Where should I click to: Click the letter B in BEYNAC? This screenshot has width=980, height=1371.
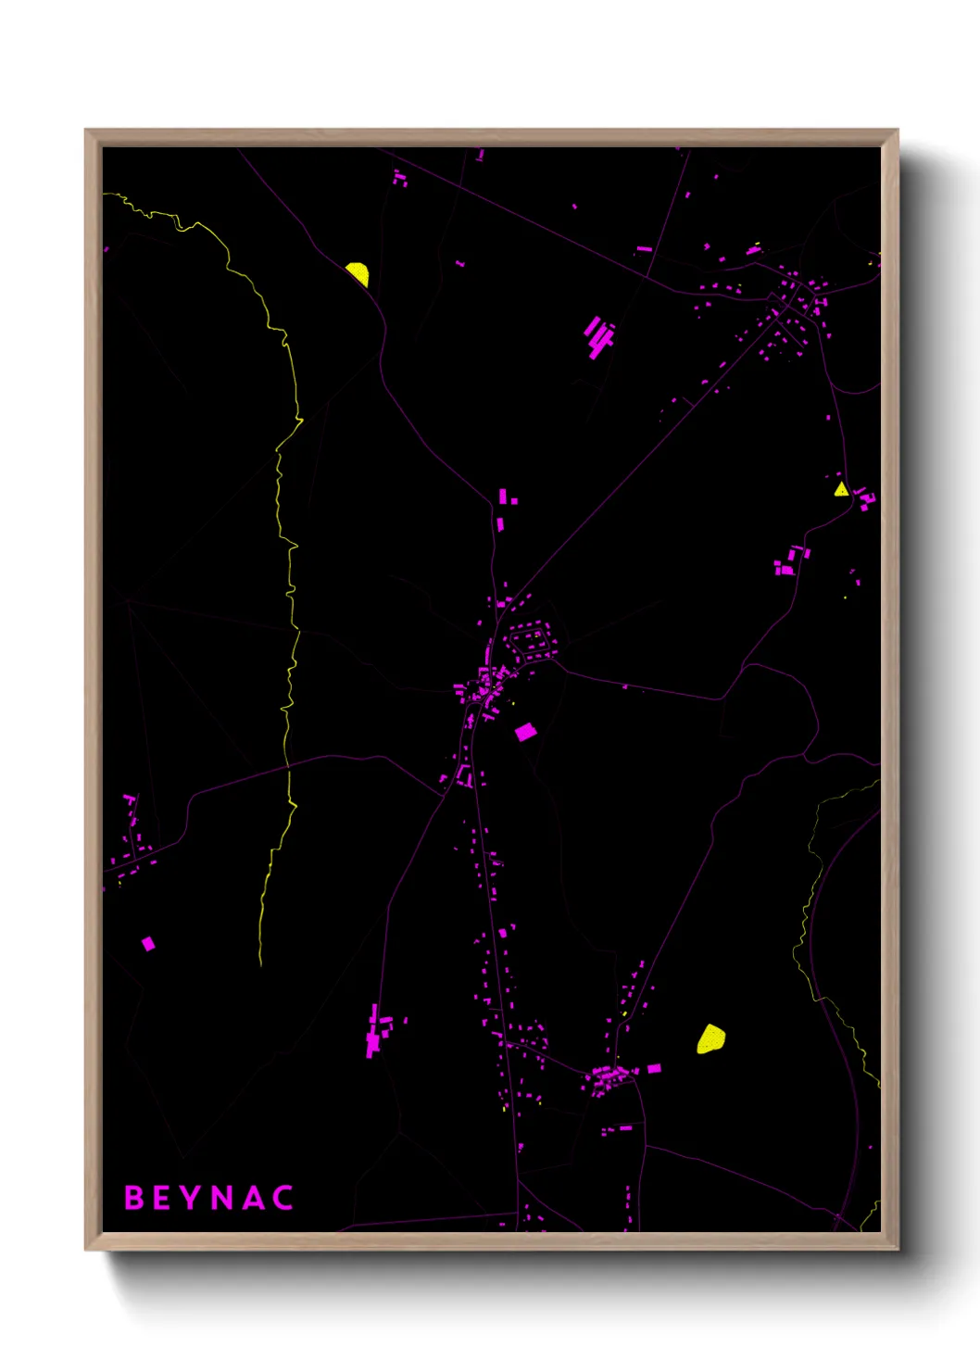coord(134,1198)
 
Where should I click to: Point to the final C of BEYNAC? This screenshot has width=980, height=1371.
coord(284,1198)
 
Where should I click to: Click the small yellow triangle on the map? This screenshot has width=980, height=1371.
coord(840,489)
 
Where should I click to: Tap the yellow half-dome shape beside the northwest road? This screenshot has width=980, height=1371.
coord(358,273)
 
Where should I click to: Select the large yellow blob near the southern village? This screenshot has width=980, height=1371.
coord(710,1038)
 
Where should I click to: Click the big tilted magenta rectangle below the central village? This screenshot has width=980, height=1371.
coord(525,732)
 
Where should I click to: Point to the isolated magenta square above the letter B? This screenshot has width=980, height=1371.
coord(148,944)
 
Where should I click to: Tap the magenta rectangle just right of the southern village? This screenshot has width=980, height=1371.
coord(654,1068)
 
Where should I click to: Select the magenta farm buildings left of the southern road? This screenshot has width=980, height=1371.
coord(377,1030)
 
